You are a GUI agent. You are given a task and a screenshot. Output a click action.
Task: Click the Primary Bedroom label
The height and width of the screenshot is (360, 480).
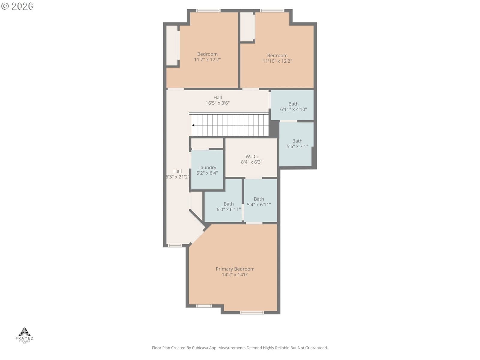pyautogui.click(x=235, y=269)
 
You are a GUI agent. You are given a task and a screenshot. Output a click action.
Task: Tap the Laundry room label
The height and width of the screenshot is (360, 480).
pyautogui.click(x=207, y=167)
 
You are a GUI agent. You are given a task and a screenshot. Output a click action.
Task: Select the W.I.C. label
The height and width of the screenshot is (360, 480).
pyautogui.click(x=251, y=157)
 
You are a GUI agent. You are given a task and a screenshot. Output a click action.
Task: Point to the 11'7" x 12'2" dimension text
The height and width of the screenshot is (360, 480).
pyautogui.click(x=207, y=59)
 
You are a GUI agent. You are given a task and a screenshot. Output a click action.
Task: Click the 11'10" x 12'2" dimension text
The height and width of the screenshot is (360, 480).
pyautogui.click(x=277, y=61)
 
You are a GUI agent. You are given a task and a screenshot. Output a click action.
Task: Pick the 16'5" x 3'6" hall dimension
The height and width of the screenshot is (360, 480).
pyautogui.click(x=217, y=103)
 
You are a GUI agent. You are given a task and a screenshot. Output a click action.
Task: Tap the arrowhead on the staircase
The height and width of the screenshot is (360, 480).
pyautogui.click(x=193, y=125)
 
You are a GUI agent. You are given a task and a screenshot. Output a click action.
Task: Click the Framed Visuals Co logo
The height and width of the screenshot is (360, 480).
pyautogui.click(x=25, y=335)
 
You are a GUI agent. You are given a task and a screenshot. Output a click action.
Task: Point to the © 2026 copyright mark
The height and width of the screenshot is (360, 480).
pyautogui.click(x=17, y=6)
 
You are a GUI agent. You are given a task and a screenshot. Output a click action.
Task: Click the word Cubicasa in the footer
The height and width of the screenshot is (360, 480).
pyautogui.click(x=200, y=348)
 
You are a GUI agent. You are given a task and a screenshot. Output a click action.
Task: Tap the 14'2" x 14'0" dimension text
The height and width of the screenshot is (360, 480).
pyautogui.click(x=235, y=274)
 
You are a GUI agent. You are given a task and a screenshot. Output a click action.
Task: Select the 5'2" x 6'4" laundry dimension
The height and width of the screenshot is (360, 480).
pyautogui.click(x=207, y=173)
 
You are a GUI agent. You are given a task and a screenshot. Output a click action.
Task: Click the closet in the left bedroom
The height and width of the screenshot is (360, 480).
pyautogui.click(x=172, y=46)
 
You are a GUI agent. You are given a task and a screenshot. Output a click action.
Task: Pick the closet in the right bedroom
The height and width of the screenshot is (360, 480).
pyautogui.click(x=247, y=27)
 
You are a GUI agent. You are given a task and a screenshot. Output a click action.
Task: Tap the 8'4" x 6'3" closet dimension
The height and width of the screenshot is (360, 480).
pyautogui.click(x=251, y=162)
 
